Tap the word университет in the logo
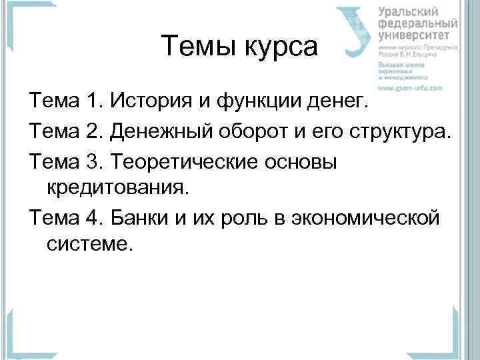[x=418, y=35]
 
